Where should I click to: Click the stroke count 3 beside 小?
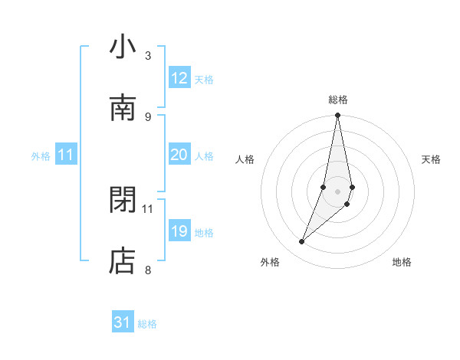[x=148, y=55]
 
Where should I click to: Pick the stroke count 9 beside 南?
[x=148, y=116]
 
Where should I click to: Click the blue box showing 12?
[x=179, y=78]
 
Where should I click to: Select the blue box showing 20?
[x=179, y=155]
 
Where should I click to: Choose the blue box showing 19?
[x=179, y=231]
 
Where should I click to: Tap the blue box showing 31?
[x=123, y=322]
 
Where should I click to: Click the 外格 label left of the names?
[x=41, y=156]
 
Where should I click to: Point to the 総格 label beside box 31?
[x=147, y=324]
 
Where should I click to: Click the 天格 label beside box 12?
[x=204, y=80]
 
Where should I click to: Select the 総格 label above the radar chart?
[x=338, y=100]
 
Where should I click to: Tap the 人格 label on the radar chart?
[x=245, y=159]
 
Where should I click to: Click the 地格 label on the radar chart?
[x=402, y=262]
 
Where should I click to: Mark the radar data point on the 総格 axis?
[x=337, y=116]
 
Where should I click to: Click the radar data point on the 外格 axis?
[x=301, y=242]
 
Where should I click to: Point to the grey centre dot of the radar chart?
[x=337, y=191]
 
